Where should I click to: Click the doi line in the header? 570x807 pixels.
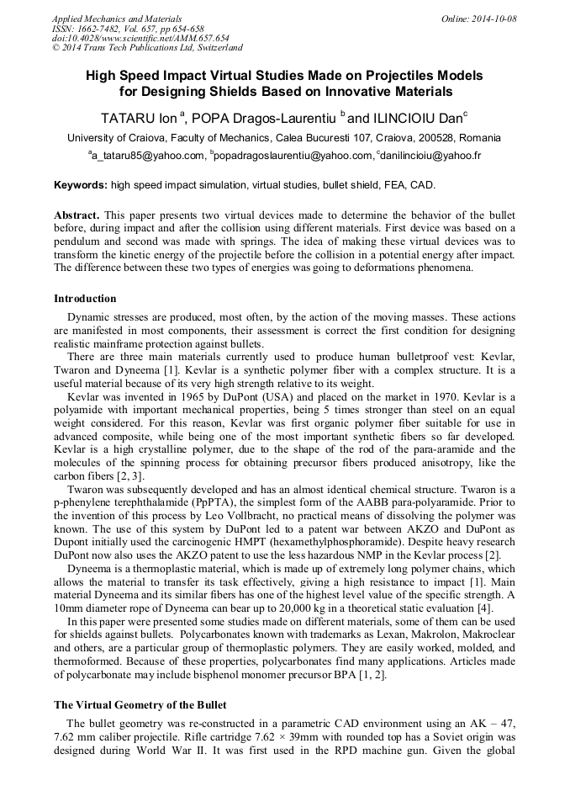(x=140, y=39)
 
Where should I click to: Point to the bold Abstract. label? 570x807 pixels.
(x=77, y=215)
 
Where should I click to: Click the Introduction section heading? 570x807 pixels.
(x=85, y=299)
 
